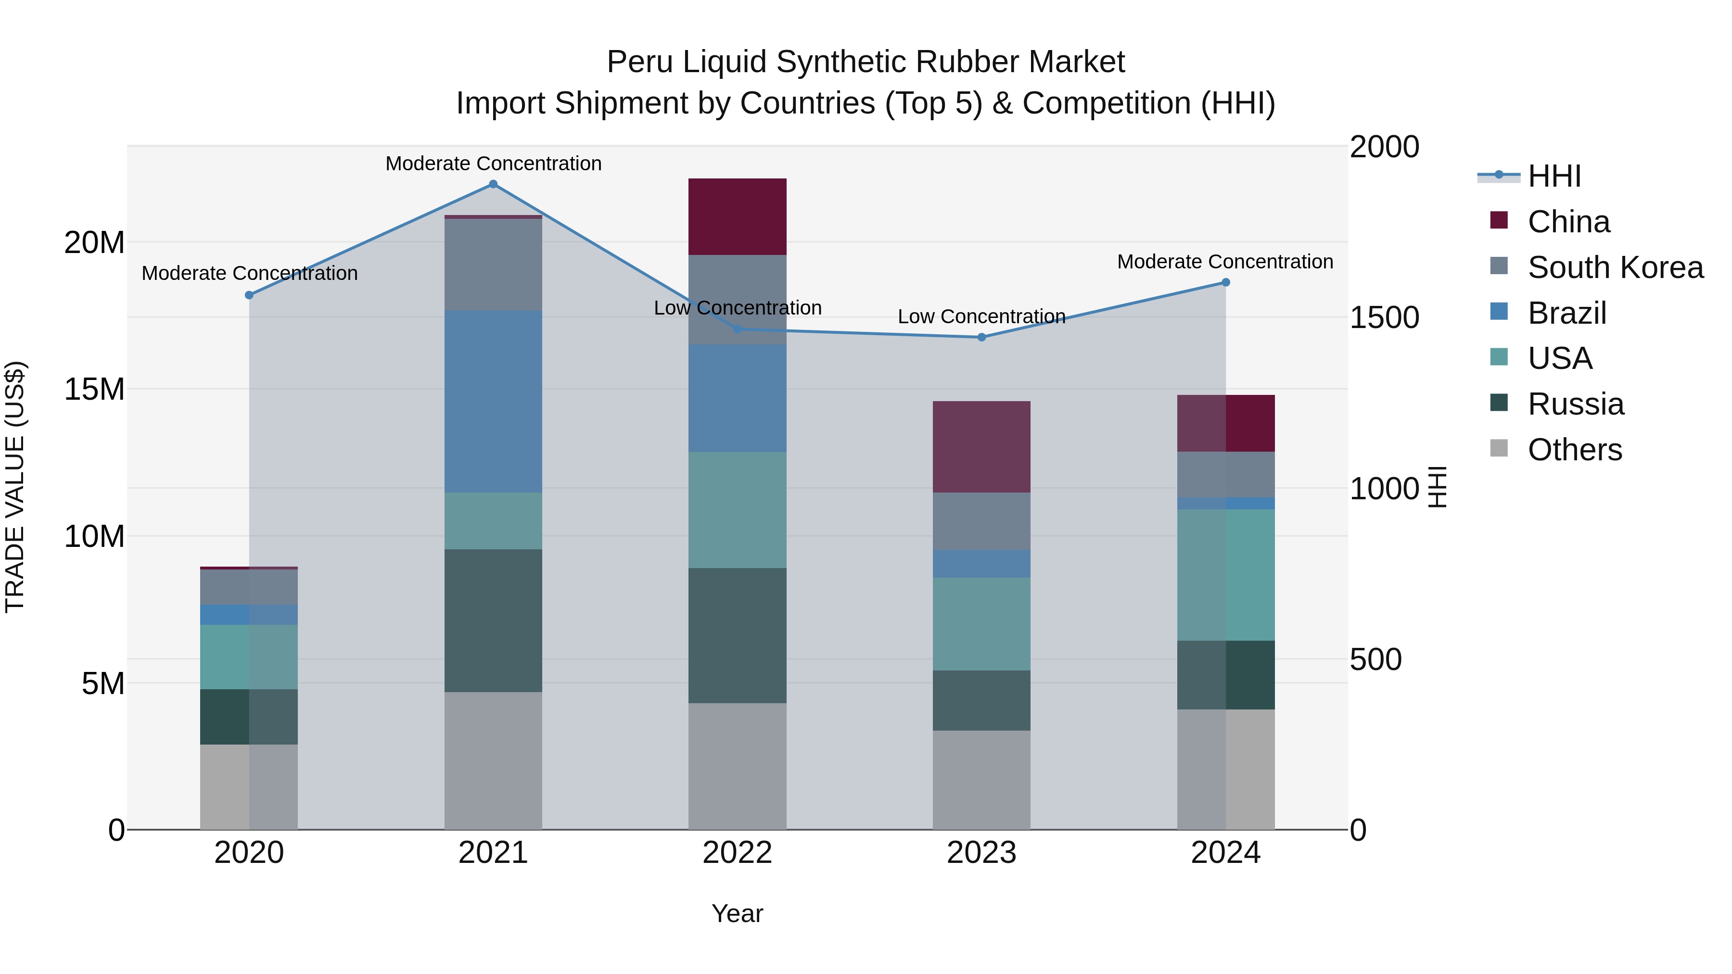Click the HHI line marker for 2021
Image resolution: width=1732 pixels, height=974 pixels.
click(x=493, y=184)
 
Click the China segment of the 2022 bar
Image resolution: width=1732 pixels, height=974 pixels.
click(x=737, y=216)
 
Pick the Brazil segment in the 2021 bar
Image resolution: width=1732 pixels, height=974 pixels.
click(x=493, y=401)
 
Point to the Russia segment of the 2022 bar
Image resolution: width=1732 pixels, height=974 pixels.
click(x=737, y=635)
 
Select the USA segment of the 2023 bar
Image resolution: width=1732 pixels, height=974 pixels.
click(x=981, y=624)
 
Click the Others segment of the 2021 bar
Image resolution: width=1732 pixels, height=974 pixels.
click(x=493, y=760)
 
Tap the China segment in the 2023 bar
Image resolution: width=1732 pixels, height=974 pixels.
click(x=981, y=447)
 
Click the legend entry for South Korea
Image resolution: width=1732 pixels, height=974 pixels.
click(x=1615, y=267)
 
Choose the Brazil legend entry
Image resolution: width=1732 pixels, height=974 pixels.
click(x=1566, y=313)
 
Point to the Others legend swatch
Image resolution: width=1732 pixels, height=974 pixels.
click(x=1499, y=448)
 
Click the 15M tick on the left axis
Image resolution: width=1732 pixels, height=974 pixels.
click(x=94, y=389)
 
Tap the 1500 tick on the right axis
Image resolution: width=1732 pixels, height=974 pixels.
click(x=1384, y=317)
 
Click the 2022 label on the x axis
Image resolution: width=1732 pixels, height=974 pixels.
click(x=737, y=853)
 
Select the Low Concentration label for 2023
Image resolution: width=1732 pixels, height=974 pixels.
click(x=981, y=316)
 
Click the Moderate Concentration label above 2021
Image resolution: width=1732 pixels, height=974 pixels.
click(x=493, y=164)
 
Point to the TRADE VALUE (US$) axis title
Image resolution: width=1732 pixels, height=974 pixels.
click(x=15, y=487)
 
